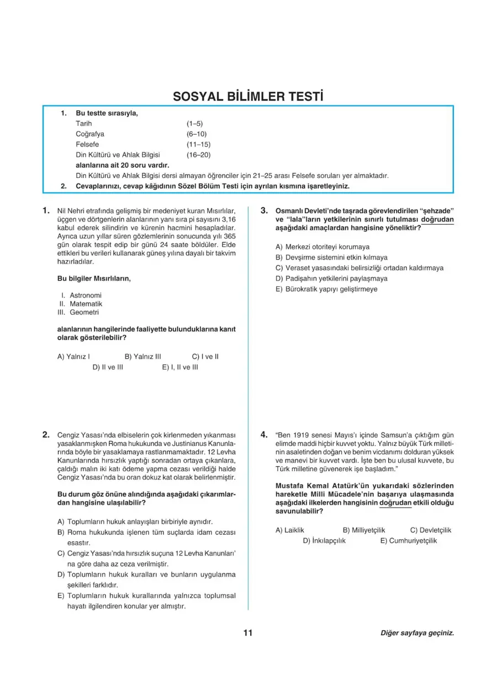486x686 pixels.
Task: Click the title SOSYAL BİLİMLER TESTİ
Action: point(248,96)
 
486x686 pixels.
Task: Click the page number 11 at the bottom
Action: point(247,633)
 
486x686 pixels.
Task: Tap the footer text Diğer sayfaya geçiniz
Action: point(417,633)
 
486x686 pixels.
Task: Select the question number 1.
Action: point(46,210)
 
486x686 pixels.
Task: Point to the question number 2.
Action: point(46,434)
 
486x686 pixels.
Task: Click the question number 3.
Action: point(264,210)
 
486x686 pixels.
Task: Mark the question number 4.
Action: point(264,434)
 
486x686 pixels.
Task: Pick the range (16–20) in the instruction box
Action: point(198,155)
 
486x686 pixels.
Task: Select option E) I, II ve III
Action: point(180,367)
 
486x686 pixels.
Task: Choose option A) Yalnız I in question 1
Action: point(74,356)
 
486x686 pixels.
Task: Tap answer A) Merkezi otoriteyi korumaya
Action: point(323,247)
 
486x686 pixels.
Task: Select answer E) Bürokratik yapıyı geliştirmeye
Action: point(326,289)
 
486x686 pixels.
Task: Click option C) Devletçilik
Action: point(431,530)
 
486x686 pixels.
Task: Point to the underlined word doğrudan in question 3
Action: point(437,219)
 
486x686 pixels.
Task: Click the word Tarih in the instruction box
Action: point(84,123)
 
